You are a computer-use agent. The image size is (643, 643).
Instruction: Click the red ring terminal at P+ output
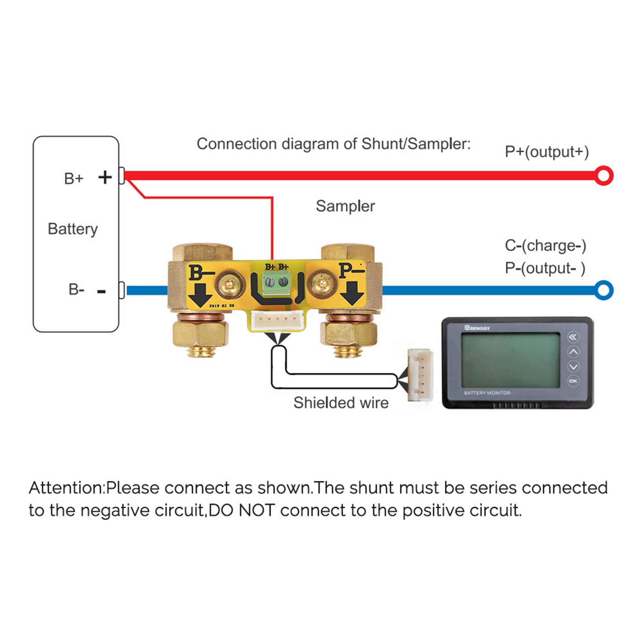pyautogui.click(x=603, y=176)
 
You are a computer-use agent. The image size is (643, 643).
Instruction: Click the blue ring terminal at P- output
pyautogui.click(x=603, y=290)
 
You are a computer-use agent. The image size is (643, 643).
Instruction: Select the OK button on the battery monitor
pyautogui.click(x=573, y=381)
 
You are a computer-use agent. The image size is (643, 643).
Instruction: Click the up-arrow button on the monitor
pyautogui.click(x=573, y=352)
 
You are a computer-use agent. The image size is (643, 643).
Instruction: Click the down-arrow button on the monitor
pyautogui.click(x=573, y=366)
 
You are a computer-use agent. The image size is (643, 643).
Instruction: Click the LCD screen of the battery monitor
pyautogui.click(x=510, y=360)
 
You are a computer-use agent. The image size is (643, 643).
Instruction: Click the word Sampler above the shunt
pyautogui.click(x=345, y=206)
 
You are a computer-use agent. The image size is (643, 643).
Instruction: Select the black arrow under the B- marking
pyautogui.click(x=200, y=295)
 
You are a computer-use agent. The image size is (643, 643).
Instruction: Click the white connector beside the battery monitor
pyautogui.click(x=421, y=375)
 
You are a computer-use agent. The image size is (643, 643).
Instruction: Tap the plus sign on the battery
pyautogui.click(x=105, y=177)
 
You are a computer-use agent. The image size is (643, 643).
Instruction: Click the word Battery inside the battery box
pyautogui.click(x=73, y=229)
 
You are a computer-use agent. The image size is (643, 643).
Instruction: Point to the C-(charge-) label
pyautogui.click(x=545, y=246)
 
